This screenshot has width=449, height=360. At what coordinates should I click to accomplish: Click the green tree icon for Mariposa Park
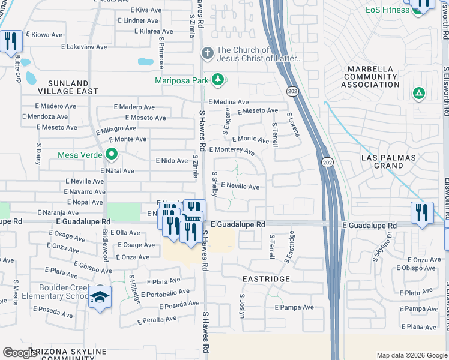218,79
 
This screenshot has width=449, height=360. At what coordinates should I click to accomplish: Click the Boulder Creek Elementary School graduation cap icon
100,296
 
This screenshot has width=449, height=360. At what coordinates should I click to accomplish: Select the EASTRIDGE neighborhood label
266,279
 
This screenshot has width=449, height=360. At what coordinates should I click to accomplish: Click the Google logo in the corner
21,353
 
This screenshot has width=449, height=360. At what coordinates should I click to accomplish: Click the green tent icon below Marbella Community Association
418,94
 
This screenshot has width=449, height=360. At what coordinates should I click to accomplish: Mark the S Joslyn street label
243,305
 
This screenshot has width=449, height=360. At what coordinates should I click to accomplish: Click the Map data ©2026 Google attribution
412,355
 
